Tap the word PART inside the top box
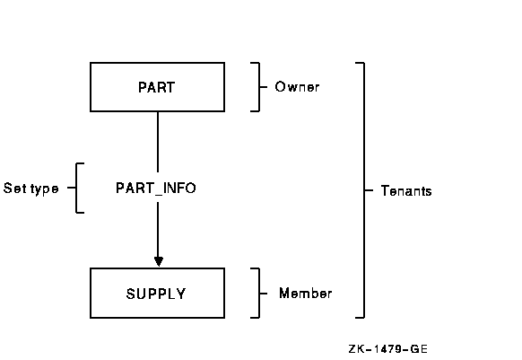click(x=156, y=87)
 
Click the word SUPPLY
click(x=156, y=294)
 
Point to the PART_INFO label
click(x=156, y=189)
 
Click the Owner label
click(x=297, y=87)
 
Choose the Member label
click(x=305, y=294)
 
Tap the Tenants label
click(x=406, y=191)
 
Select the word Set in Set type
click(x=13, y=189)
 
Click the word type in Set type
click(x=45, y=189)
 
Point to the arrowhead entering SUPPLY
click(x=159, y=261)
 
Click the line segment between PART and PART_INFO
click(x=158, y=142)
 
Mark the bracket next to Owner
click(x=259, y=87)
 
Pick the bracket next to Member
click(x=259, y=294)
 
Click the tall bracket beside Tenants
click(x=364, y=190)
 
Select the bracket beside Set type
click(x=76, y=188)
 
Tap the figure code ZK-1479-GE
click(x=387, y=349)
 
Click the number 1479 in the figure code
click(x=387, y=349)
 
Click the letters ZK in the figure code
click(x=357, y=349)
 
